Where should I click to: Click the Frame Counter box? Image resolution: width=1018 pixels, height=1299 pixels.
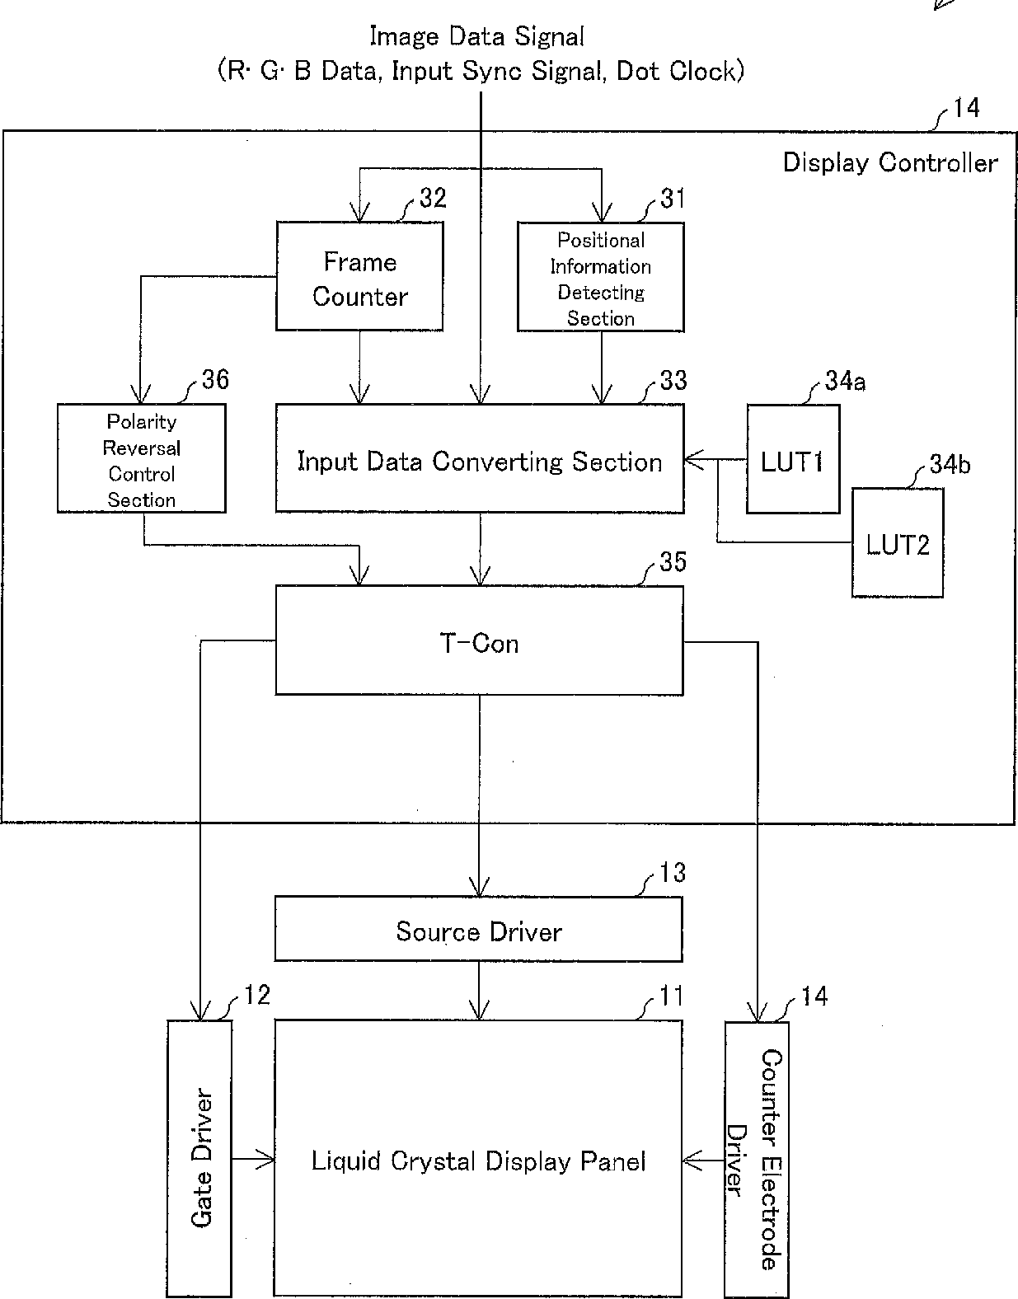359,276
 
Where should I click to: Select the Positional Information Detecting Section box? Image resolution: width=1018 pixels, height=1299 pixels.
600,277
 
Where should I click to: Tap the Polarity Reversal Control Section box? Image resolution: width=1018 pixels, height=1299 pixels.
142,458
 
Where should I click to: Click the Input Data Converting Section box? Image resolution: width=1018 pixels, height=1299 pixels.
480,458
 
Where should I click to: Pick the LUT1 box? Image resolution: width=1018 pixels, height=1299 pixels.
793,459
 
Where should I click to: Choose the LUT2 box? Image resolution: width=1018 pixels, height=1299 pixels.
898,543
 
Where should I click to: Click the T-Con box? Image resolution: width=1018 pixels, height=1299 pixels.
479,640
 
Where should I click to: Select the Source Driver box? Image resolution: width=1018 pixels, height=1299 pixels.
478,929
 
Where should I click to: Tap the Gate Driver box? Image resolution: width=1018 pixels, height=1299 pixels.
199,1159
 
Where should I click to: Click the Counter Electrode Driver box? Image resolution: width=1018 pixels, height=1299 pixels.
757,1160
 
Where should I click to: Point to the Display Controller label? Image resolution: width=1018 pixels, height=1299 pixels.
890,162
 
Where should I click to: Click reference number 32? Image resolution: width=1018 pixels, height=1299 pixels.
433,198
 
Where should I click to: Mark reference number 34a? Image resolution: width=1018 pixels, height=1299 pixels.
845,381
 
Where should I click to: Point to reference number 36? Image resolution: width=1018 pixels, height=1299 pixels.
215,380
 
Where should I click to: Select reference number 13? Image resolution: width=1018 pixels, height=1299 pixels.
673,873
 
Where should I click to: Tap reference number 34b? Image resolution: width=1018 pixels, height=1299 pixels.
950,465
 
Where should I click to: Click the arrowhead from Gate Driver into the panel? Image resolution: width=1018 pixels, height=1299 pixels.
266,1160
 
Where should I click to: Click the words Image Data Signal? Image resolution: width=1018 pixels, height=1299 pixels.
476,36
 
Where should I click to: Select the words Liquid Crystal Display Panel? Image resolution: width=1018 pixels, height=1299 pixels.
478,1161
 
